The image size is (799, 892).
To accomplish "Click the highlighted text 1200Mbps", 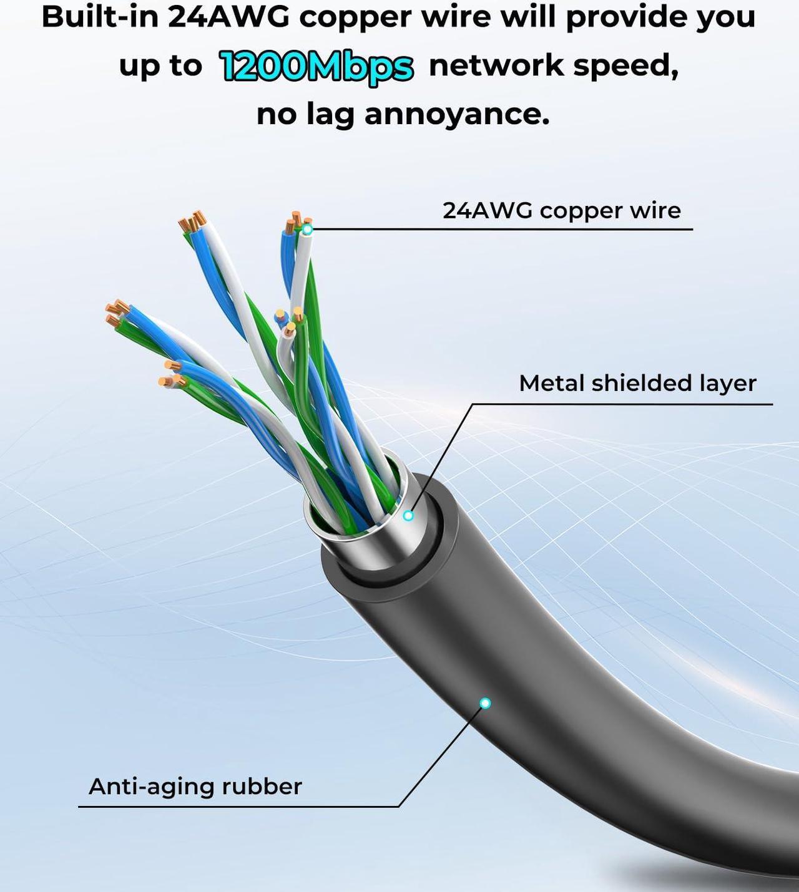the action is click(316, 67).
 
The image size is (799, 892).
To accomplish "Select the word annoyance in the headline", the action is click(457, 115).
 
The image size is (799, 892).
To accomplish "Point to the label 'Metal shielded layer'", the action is click(637, 383).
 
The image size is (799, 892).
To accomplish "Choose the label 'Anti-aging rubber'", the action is click(195, 787).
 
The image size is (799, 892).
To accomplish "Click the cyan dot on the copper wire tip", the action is click(308, 230).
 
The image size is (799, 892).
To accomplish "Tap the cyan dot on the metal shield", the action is click(408, 516).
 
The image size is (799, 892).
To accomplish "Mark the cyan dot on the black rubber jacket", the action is click(485, 703).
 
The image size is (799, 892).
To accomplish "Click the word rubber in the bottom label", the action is click(262, 787).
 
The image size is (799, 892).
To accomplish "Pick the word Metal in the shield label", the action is click(552, 383).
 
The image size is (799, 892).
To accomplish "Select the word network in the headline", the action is click(496, 66).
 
